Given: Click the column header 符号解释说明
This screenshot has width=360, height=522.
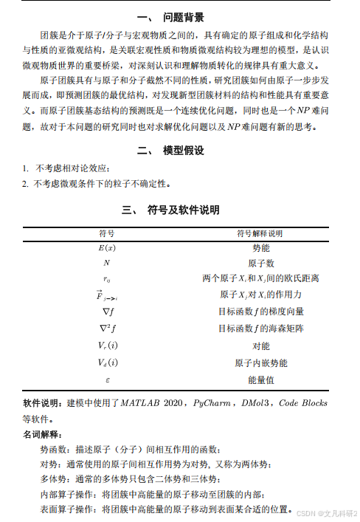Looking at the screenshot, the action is tap(260, 233).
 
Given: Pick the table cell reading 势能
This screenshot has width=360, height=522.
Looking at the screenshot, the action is tap(260, 248).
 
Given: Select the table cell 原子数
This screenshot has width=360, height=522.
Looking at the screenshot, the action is tap(260, 263).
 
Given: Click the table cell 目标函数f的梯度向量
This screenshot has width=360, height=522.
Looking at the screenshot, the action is tap(260, 312).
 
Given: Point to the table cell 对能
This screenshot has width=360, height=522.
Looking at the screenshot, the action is tap(260, 346).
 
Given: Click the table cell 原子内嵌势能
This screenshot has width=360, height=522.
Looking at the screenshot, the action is tap(260, 363).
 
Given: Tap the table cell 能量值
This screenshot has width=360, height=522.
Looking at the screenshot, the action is tap(260, 380).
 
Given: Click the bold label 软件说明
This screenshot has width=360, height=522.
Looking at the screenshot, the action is tap(43, 404).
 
